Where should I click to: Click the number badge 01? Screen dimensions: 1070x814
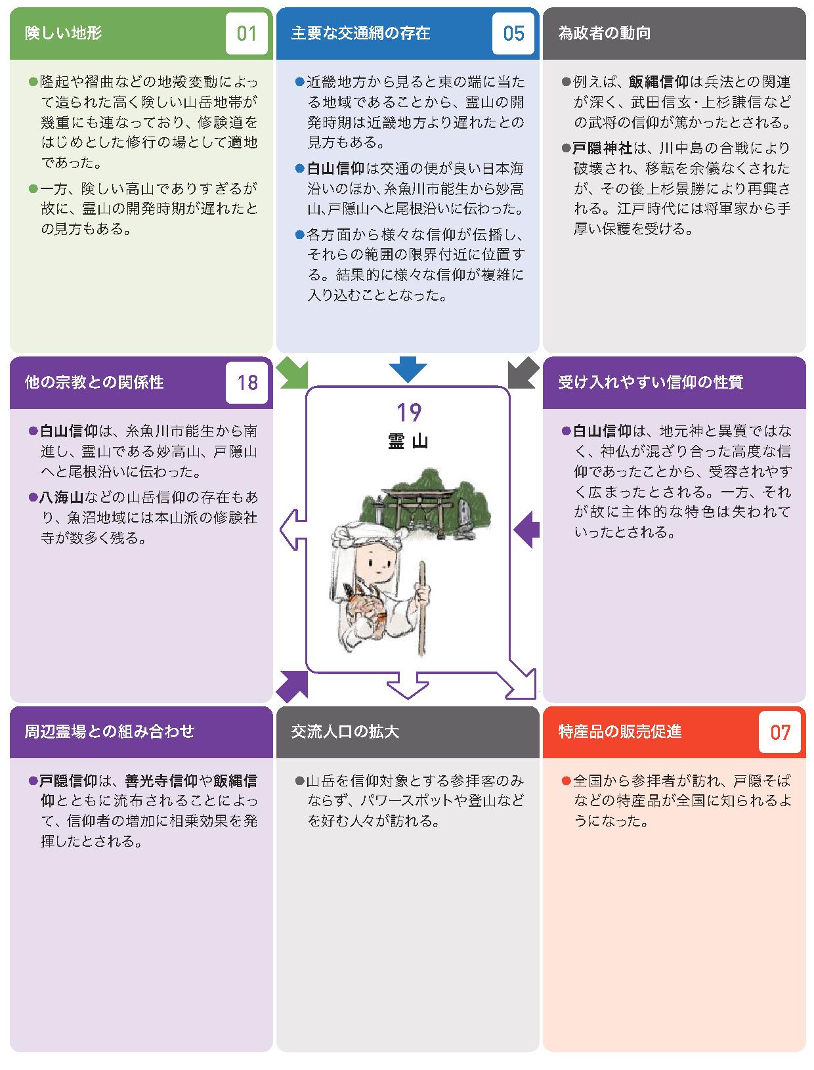247,33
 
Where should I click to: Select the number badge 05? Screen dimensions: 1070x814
513,33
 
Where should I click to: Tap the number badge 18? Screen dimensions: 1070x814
247,382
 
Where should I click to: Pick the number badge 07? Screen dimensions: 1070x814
780,731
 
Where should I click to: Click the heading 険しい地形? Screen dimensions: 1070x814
64,33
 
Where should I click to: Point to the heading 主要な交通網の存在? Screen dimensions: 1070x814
360,33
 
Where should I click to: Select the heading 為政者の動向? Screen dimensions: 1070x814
604,33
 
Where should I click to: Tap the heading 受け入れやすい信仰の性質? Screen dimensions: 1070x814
651,382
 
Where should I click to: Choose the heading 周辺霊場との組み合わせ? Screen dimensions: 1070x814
110,731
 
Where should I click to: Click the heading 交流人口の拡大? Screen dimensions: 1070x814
345,731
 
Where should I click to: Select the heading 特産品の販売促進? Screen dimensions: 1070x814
620,731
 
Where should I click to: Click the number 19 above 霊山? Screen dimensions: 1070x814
408,412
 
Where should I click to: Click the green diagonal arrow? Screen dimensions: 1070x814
292,373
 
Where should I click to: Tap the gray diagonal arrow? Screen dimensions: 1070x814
523,373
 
